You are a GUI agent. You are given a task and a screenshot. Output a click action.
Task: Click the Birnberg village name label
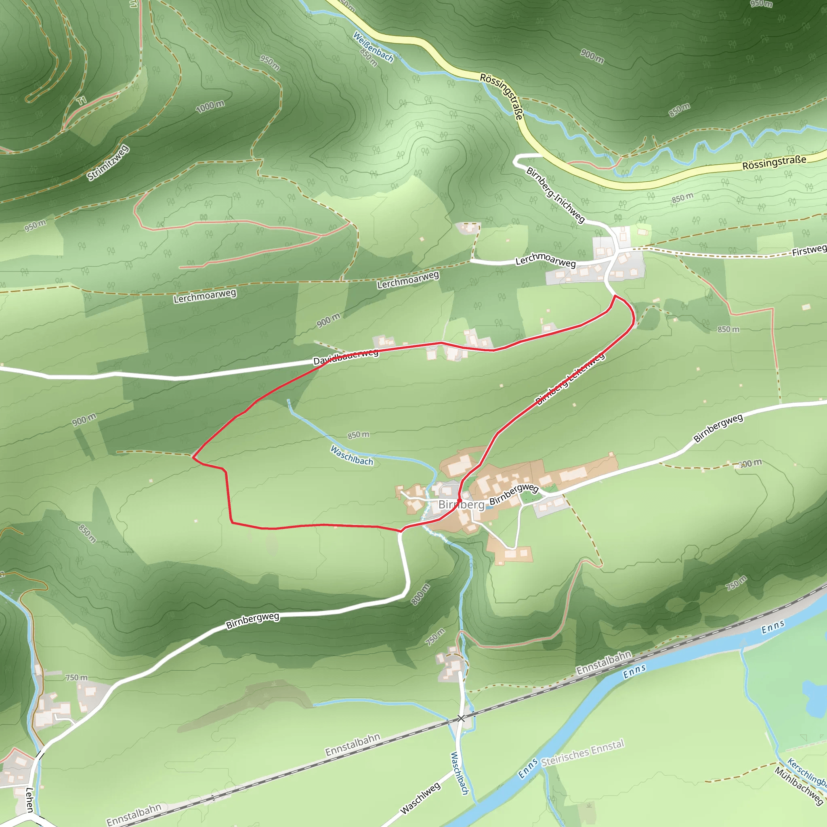[x=461, y=505]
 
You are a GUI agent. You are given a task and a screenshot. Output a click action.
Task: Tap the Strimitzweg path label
[x=108, y=163]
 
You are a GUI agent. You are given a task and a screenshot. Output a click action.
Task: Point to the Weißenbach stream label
[x=373, y=47]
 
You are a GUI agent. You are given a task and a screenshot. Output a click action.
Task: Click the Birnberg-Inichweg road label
[x=555, y=195]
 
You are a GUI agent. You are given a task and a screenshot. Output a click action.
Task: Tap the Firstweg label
[x=808, y=250]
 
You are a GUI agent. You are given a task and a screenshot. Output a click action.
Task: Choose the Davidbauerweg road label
[x=346, y=357]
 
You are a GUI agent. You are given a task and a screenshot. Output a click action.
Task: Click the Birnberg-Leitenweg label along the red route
[x=570, y=378]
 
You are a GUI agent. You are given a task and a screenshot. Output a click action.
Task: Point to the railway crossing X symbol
[x=461, y=718]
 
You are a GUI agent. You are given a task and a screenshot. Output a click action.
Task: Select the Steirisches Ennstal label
[x=583, y=759]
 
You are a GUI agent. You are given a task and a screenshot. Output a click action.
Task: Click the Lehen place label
[x=29, y=800]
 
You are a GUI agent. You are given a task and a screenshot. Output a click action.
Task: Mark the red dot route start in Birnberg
[x=459, y=500]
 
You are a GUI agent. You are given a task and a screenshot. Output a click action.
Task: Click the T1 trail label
[x=81, y=101]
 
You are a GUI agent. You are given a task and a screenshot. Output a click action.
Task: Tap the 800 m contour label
[x=420, y=594]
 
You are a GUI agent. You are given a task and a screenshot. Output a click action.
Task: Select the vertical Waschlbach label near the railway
[x=459, y=773]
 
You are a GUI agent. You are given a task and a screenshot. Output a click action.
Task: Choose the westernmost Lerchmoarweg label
[x=205, y=296]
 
